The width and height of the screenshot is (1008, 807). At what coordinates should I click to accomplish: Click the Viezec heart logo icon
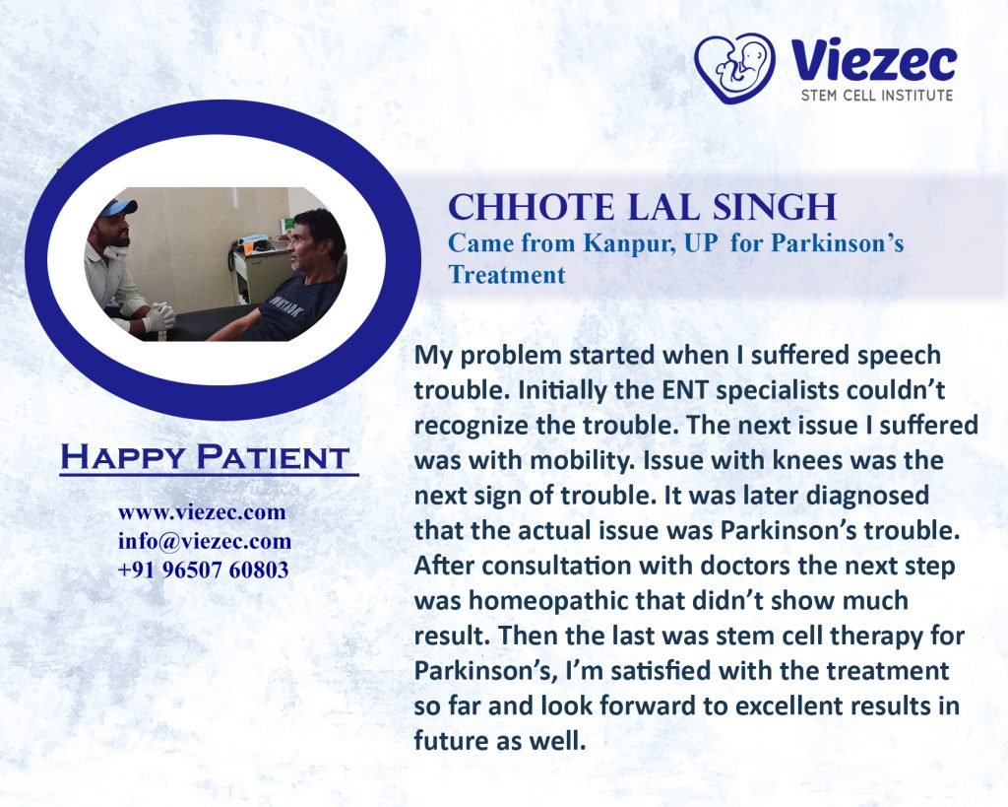tap(734, 68)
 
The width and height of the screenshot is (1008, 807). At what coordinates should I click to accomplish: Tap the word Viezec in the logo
tap(874, 60)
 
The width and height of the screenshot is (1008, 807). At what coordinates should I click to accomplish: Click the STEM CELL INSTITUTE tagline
tap(877, 96)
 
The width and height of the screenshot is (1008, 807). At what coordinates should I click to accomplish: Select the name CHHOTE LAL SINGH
tap(642, 207)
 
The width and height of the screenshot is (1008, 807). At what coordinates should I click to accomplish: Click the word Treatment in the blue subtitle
tap(507, 275)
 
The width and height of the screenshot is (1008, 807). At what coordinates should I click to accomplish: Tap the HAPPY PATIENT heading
tap(205, 457)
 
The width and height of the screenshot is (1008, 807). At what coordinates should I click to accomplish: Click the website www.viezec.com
tap(202, 513)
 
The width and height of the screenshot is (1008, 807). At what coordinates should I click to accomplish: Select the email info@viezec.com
tap(205, 541)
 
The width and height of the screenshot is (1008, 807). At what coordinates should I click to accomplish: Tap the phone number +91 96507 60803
tap(203, 571)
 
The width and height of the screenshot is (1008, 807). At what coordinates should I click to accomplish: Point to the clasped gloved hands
tap(158, 316)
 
